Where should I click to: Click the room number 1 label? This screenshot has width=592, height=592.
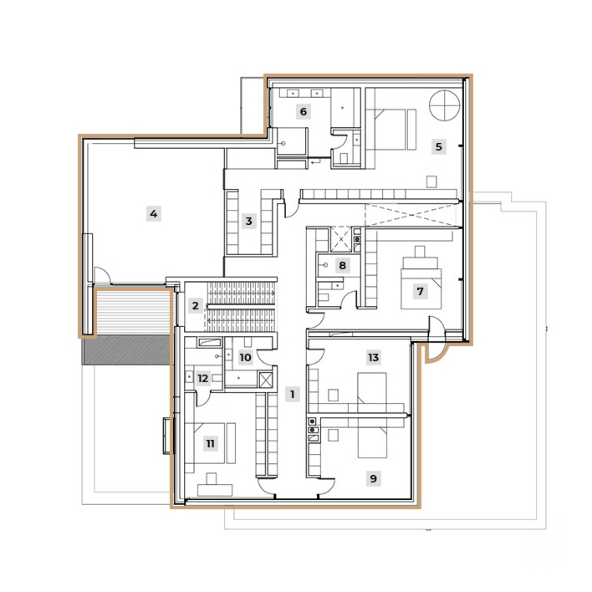(x=292, y=394)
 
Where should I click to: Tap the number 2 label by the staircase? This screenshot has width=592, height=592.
(x=195, y=306)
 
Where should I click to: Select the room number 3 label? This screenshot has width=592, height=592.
(x=248, y=222)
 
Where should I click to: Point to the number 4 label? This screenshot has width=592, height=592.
(x=153, y=213)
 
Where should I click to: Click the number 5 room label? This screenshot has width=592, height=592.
(x=438, y=146)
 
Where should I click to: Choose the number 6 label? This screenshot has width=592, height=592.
(x=303, y=111)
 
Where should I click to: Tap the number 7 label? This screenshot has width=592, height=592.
(x=420, y=292)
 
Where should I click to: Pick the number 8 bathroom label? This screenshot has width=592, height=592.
(x=341, y=265)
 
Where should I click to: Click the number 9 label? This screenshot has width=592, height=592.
(x=373, y=479)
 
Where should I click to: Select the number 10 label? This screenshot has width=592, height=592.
(x=245, y=358)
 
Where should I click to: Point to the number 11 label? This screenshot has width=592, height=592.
(x=210, y=443)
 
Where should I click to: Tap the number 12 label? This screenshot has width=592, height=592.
(x=202, y=378)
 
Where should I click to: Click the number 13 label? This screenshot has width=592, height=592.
(x=373, y=357)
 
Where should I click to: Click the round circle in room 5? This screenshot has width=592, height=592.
(x=443, y=106)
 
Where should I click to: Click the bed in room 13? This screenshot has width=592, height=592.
(x=373, y=390)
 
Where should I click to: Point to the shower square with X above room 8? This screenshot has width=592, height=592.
(x=342, y=238)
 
